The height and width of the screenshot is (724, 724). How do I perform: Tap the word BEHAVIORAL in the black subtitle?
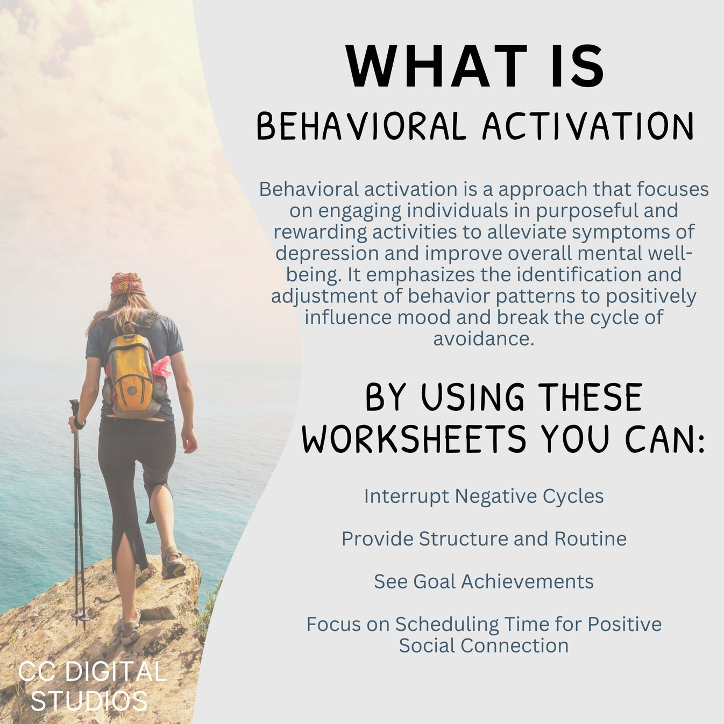360,127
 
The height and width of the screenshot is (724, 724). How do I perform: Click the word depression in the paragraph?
318,253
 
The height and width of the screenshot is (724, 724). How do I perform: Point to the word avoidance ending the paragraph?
484,339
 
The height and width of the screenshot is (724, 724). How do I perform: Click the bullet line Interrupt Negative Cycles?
484,496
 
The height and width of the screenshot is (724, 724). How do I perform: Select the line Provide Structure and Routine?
484,538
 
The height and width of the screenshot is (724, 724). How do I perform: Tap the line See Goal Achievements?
484,581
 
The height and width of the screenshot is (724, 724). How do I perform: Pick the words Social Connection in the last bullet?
484,645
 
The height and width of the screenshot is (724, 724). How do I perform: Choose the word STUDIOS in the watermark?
89,701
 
